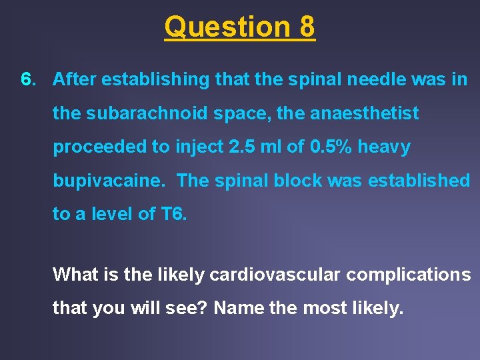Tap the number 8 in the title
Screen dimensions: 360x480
point(307,27)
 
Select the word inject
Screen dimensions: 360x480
point(192,147)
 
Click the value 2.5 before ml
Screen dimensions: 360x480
point(240,147)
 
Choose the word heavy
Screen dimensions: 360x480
point(385,147)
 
